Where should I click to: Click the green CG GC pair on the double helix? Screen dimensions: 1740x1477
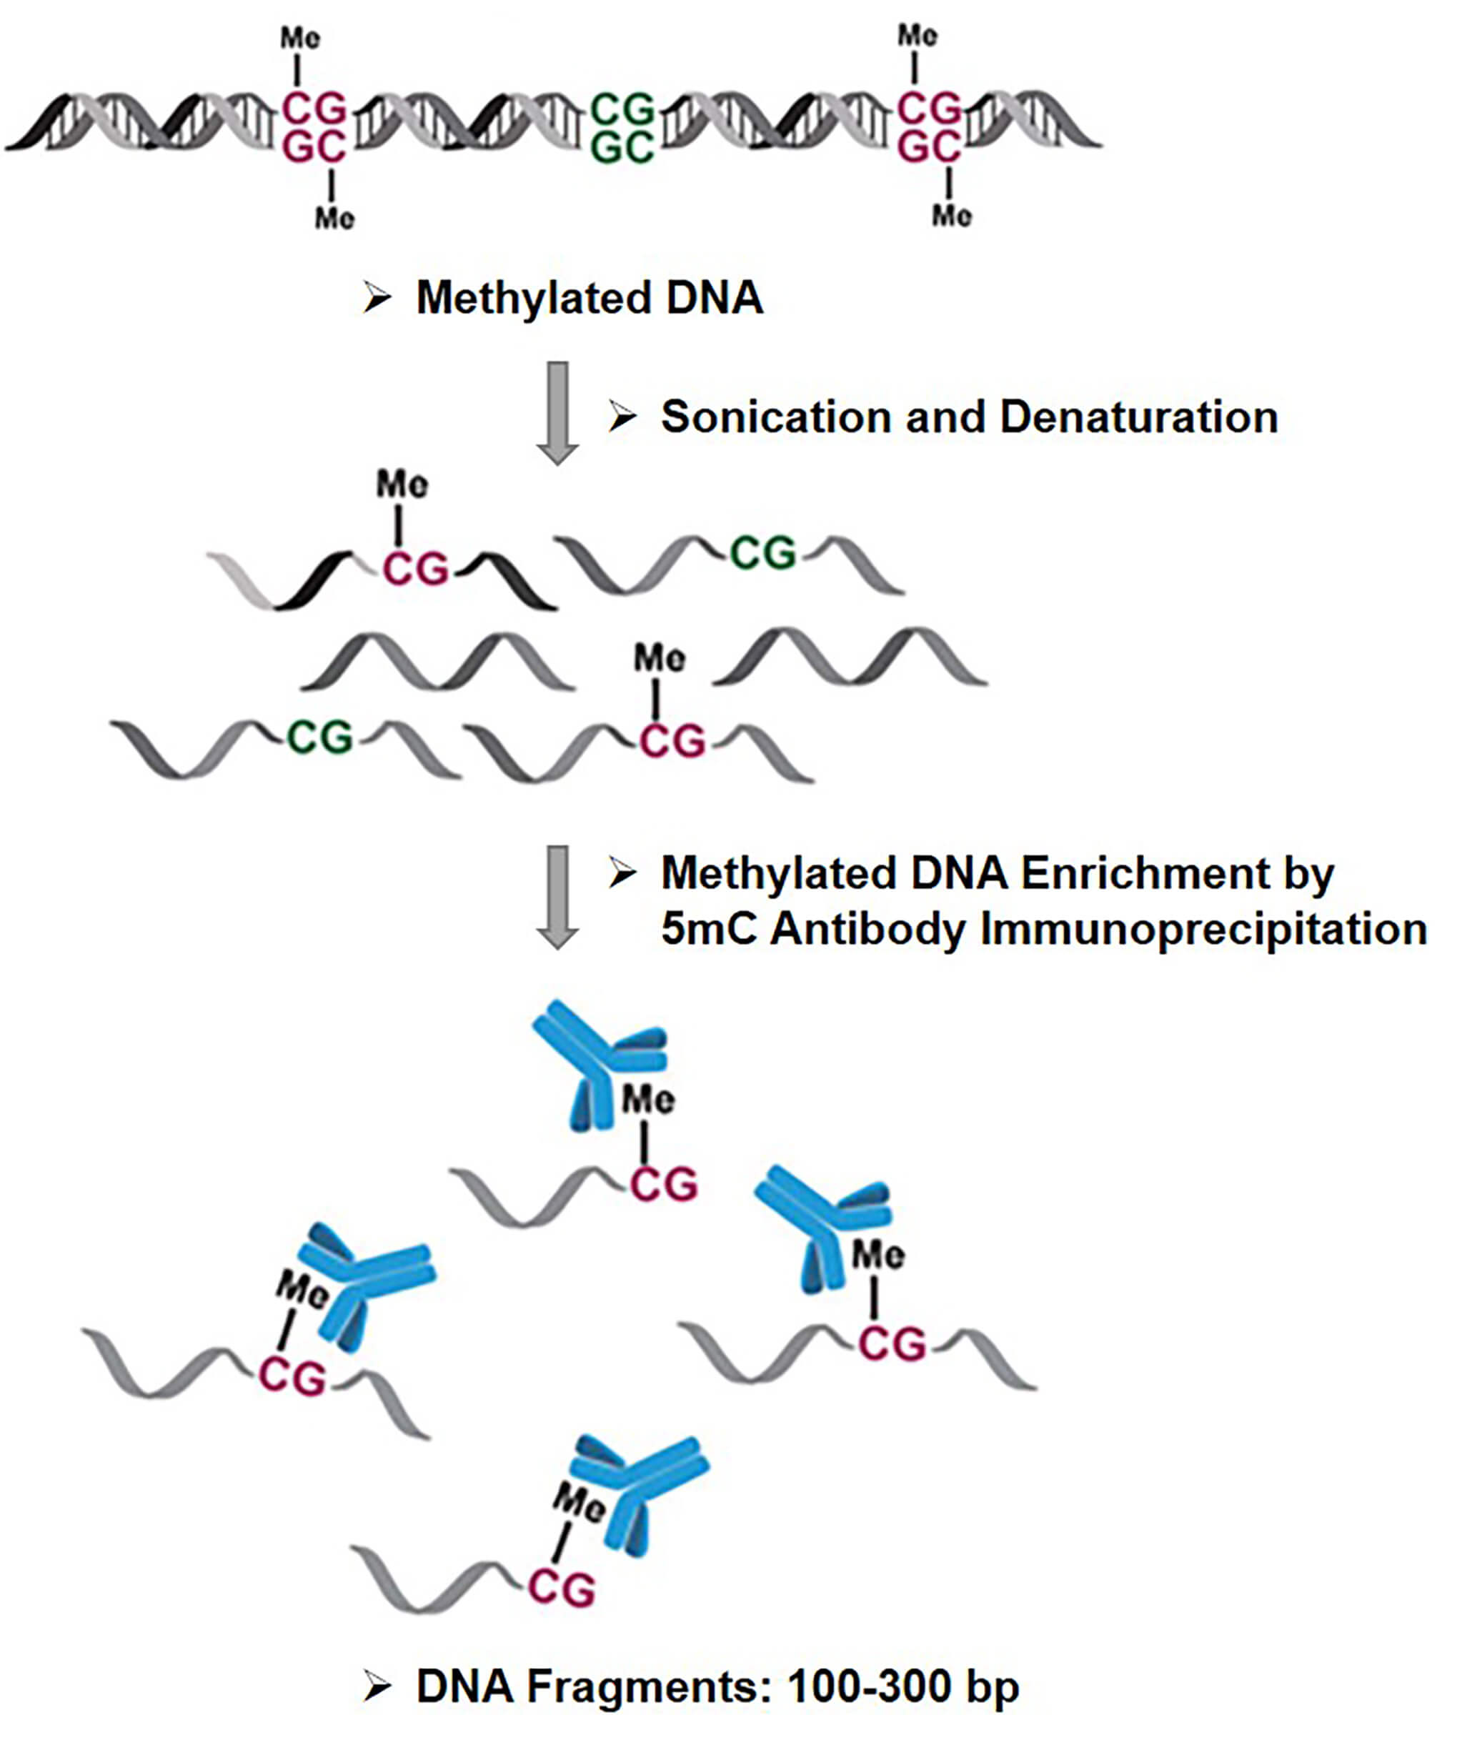coord(622,128)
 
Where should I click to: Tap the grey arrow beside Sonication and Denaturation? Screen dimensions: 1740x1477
coord(557,412)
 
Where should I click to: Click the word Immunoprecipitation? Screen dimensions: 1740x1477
coord(1203,930)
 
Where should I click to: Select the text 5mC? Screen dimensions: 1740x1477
coord(708,930)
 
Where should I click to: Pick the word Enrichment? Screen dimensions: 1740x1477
coord(1145,874)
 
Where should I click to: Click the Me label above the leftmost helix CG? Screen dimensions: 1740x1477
coord(299,38)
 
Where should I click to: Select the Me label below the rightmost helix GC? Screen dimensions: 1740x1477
coord(952,216)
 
